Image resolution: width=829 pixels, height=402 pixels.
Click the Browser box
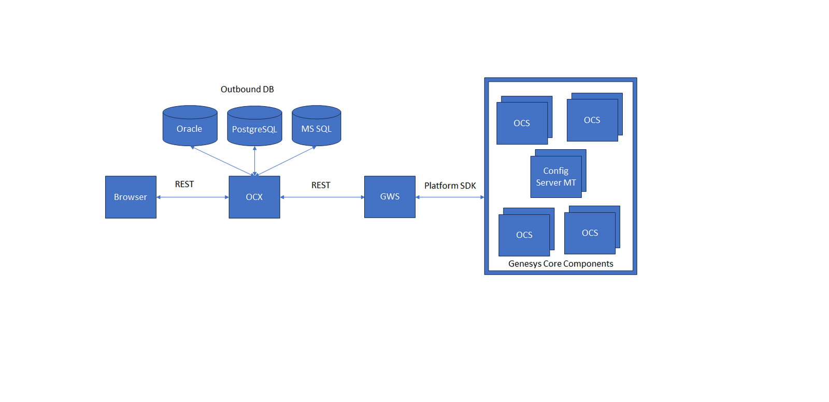click(131, 197)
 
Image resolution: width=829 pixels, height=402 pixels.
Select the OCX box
click(254, 197)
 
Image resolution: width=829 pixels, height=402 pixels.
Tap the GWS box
click(390, 197)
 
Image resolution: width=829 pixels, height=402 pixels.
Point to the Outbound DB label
click(247, 89)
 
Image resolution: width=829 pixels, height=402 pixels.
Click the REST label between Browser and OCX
click(184, 184)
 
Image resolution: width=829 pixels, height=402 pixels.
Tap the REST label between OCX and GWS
click(321, 185)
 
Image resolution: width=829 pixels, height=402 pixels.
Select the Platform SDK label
click(450, 185)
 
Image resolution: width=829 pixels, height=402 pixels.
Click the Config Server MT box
click(556, 177)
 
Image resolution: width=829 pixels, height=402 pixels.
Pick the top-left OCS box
click(522, 123)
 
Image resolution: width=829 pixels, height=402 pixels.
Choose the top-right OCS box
click(592, 120)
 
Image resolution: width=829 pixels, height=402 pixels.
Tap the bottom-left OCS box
click(524, 235)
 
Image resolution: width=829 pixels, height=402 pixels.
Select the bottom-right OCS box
click(590, 233)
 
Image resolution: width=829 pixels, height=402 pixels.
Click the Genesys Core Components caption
click(561, 264)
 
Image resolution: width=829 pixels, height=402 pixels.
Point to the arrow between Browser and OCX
click(192, 197)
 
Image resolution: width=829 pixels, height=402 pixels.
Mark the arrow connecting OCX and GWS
click(322, 197)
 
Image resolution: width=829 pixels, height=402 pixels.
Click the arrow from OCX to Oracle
click(222, 161)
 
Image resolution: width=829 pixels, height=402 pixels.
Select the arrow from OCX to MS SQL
click(287, 161)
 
